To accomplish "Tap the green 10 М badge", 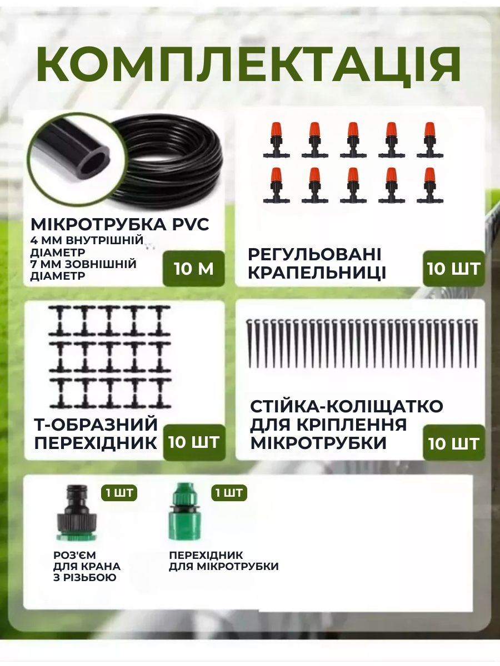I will click(193, 269).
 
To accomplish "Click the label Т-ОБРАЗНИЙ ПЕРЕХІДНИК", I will click(96, 434).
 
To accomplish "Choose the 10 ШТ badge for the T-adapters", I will click(194, 442).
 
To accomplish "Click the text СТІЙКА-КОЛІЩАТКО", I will click(346, 406).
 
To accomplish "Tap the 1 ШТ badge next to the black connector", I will click(119, 493).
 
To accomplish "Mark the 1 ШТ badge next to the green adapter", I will click(228, 493).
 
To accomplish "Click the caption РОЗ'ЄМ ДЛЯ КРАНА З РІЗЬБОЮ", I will click(87, 567).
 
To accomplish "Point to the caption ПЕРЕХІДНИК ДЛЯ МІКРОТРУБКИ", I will click(223, 561).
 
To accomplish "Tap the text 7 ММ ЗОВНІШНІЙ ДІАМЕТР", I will click(83, 270).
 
